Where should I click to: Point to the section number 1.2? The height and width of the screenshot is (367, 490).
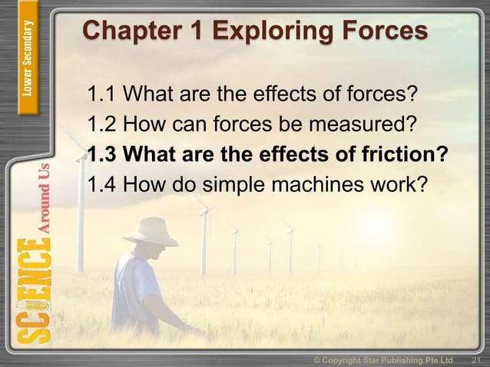(x=102, y=125)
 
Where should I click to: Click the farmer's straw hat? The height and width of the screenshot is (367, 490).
(x=152, y=231)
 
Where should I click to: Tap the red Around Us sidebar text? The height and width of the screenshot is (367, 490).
(x=47, y=197)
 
